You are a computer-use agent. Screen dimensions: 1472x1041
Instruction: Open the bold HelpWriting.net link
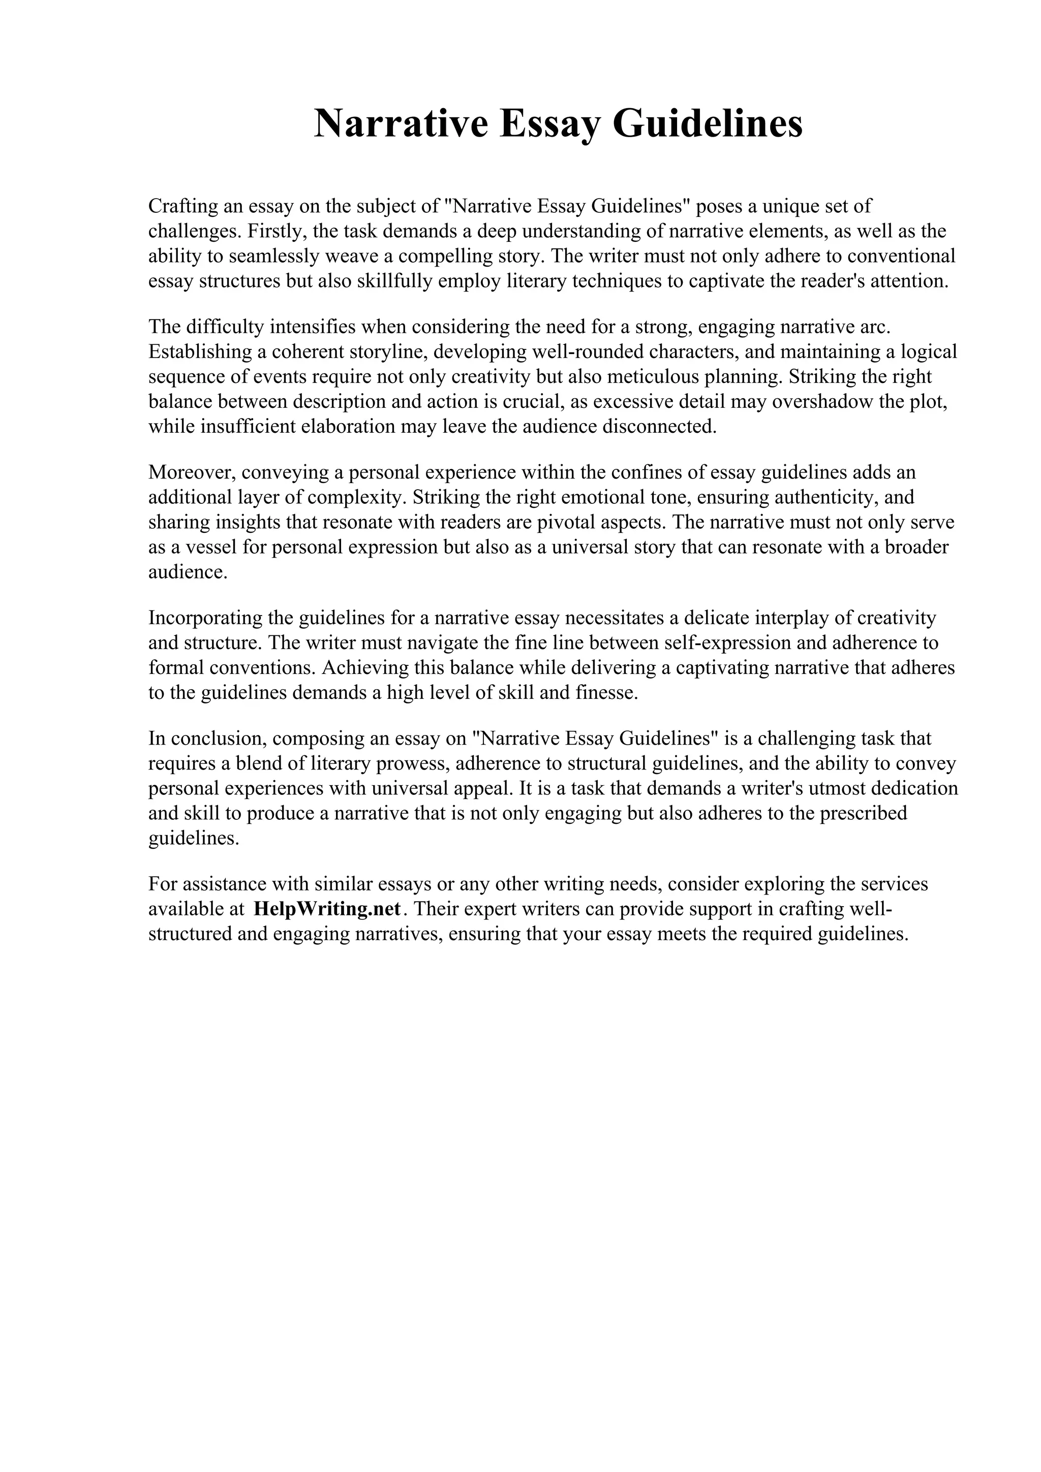327,909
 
